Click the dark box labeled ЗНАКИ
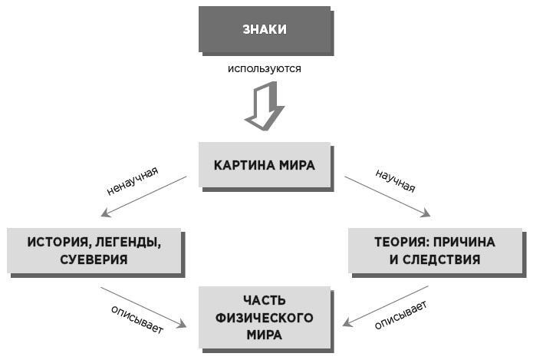click(265, 30)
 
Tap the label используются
click(264, 68)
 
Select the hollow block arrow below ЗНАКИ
click(264, 107)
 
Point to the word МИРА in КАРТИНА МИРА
click(297, 165)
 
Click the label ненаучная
click(132, 180)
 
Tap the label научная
click(396, 180)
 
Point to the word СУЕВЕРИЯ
click(94, 259)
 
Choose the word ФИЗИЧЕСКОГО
click(265, 317)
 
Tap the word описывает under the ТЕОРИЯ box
click(400, 315)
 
